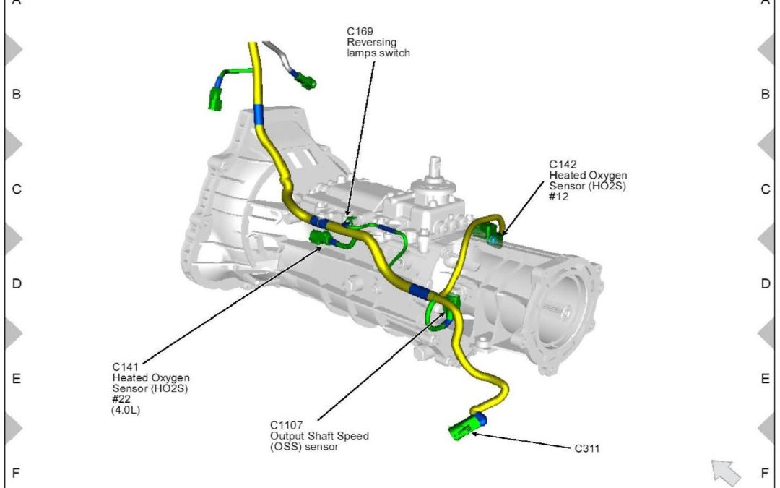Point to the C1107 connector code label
click(x=287, y=425)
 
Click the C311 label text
click(x=587, y=449)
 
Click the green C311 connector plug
click(x=463, y=429)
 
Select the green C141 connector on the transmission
click(x=320, y=239)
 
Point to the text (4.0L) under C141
click(x=124, y=410)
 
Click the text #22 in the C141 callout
click(x=120, y=399)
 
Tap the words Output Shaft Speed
click(x=319, y=436)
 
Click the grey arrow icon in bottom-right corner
click(x=726, y=471)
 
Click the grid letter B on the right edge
click(x=766, y=94)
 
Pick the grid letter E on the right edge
click(x=766, y=379)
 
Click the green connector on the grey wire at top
click(x=308, y=81)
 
